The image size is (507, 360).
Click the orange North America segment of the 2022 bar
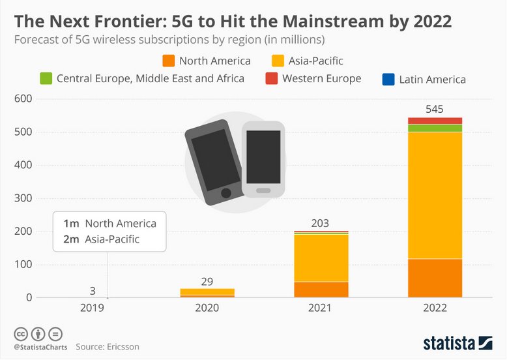click(435, 278)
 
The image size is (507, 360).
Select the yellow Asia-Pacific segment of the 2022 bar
click(435, 195)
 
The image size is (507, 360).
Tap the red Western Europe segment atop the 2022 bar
click(435, 121)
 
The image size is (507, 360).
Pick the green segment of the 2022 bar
click(435, 128)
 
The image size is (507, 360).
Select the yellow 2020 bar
click(207, 292)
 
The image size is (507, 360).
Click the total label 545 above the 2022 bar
click(435, 108)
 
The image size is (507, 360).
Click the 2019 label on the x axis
click(93, 308)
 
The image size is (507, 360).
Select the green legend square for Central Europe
click(45, 79)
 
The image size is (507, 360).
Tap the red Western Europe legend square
click(271, 79)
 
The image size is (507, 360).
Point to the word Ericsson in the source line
click(121, 346)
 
